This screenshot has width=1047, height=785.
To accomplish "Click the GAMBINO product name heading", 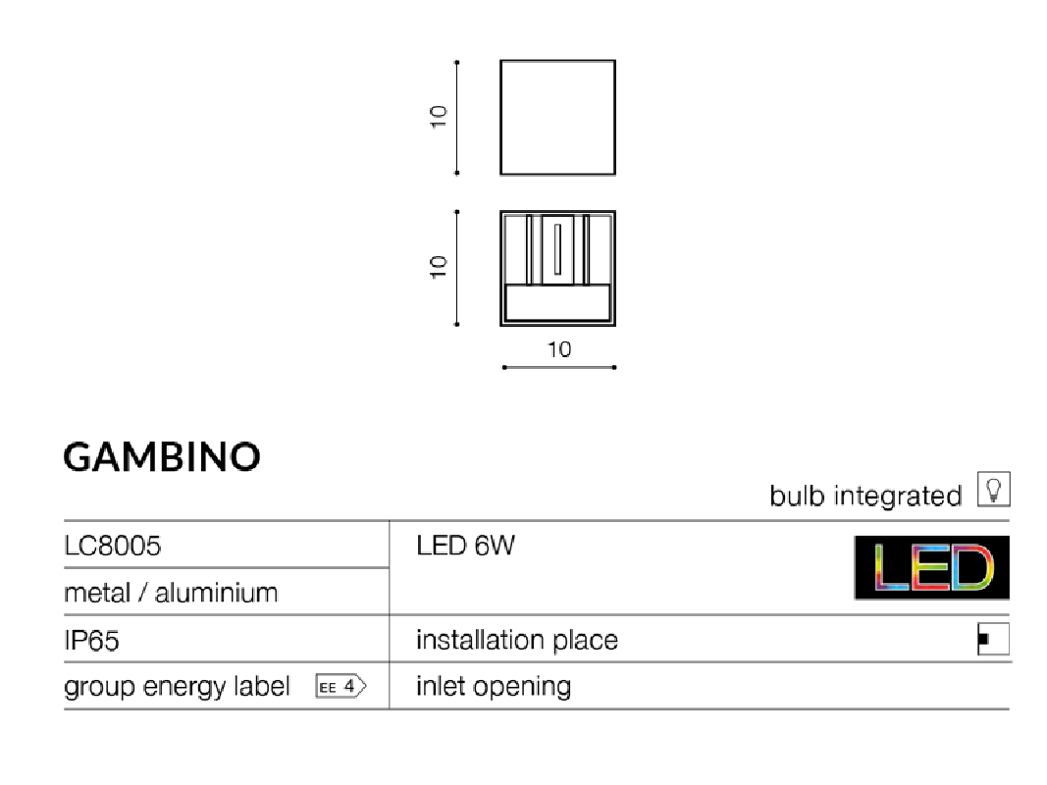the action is pyautogui.click(x=162, y=457).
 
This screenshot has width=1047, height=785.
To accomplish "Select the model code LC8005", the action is pyautogui.click(x=112, y=546).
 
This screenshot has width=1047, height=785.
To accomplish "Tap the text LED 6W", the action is pyautogui.click(x=465, y=546).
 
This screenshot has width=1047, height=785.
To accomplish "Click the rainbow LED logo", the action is pyautogui.click(x=932, y=567).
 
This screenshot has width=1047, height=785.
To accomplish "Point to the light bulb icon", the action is pyautogui.click(x=994, y=490).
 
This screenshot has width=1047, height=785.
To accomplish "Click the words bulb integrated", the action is pyautogui.click(x=865, y=496).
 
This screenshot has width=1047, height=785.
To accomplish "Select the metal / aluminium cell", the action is pyautogui.click(x=171, y=593).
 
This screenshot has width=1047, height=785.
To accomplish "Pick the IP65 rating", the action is pyautogui.click(x=91, y=640).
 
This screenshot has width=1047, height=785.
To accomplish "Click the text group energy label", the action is pyautogui.click(x=177, y=687).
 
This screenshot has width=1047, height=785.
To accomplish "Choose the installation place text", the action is pyautogui.click(x=517, y=640).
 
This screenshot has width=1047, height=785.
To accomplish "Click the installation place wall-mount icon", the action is pyautogui.click(x=994, y=640).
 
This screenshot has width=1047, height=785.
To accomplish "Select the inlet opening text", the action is pyautogui.click(x=494, y=687).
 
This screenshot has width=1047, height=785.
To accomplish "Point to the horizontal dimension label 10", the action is pyautogui.click(x=559, y=349).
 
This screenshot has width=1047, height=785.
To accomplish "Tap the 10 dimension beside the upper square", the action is pyautogui.click(x=438, y=117).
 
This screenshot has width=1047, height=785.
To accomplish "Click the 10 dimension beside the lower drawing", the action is pyautogui.click(x=438, y=267).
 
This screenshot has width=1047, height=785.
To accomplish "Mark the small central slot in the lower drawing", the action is pyautogui.click(x=557, y=249).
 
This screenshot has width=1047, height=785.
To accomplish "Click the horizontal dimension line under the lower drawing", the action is pyautogui.click(x=559, y=367).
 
